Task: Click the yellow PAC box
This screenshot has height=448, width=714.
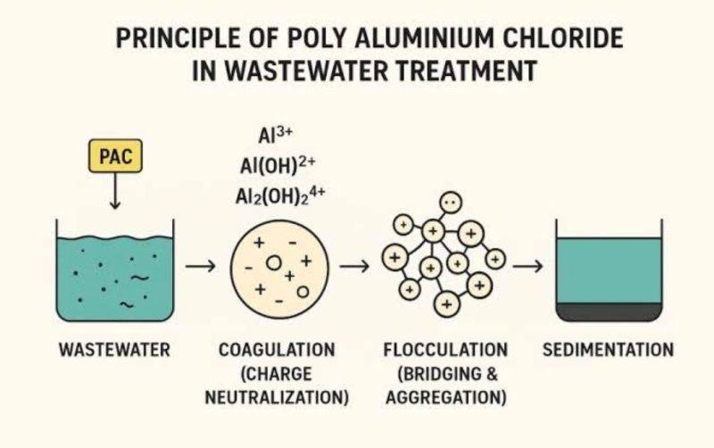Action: click(115, 156)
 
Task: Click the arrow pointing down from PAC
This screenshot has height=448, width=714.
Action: click(115, 191)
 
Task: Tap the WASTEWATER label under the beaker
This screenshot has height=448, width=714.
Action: click(114, 350)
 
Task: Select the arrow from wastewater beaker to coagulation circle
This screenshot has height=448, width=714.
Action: click(200, 265)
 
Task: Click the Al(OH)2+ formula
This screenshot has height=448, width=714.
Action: click(278, 166)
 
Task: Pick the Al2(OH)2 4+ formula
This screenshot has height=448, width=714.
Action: click(280, 196)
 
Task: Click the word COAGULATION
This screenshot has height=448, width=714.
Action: click(277, 350)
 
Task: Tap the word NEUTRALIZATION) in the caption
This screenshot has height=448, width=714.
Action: click(277, 397)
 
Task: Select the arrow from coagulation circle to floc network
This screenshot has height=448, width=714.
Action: click(354, 265)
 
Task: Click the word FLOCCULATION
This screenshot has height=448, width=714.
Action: click(445, 350)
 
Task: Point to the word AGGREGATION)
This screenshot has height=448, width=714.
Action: click(445, 397)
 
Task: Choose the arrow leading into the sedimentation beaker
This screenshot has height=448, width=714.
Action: click(527, 265)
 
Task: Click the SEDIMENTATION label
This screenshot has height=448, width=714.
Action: click(608, 350)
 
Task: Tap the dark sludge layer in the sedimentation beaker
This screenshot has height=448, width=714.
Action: click(609, 311)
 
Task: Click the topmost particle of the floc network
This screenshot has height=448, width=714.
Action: click(451, 203)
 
